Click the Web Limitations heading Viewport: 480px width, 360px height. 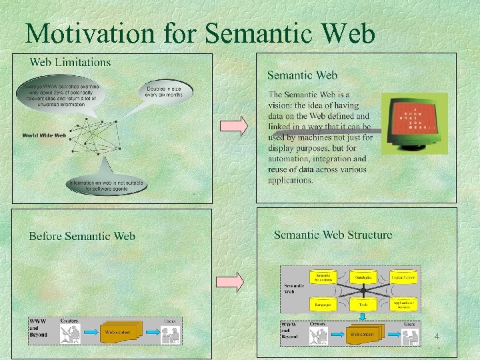pos(71,62)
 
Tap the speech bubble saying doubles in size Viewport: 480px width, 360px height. pos(165,91)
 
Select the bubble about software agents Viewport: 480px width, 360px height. pos(107,184)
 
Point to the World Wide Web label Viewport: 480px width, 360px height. pos(44,135)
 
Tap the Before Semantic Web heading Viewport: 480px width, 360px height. pos(81,236)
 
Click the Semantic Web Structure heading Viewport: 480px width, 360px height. pos(333,235)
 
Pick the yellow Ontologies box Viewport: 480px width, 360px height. pos(363,275)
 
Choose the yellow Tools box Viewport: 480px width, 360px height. pos(363,304)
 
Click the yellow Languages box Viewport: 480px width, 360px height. pos(323,304)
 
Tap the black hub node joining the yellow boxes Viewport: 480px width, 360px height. pos(363,290)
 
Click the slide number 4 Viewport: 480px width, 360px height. pos(436,337)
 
